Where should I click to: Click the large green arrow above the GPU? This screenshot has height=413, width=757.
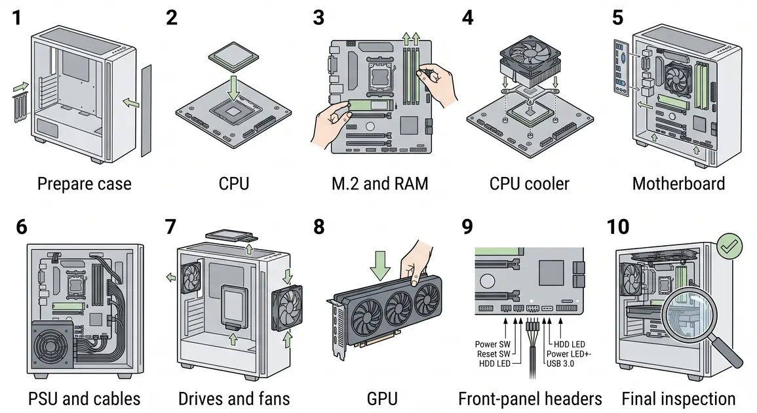(380, 265)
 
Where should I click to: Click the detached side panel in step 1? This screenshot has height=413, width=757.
(146, 111)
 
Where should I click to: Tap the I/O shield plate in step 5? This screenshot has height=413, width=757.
(621, 68)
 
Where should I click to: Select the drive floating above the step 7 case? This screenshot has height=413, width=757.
(230, 236)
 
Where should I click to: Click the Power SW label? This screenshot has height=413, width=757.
(492, 344)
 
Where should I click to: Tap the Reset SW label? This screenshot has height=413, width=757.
(494, 353)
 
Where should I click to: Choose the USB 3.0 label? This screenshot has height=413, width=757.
(560, 363)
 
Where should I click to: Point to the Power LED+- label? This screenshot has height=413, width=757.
(569, 353)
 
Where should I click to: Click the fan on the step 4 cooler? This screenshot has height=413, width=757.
(530, 54)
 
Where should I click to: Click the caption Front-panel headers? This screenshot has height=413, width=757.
(530, 399)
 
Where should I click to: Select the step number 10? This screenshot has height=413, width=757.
(617, 227)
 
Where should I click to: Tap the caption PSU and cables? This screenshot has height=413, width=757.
(84, 399)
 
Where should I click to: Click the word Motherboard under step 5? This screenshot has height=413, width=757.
(678, 184)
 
